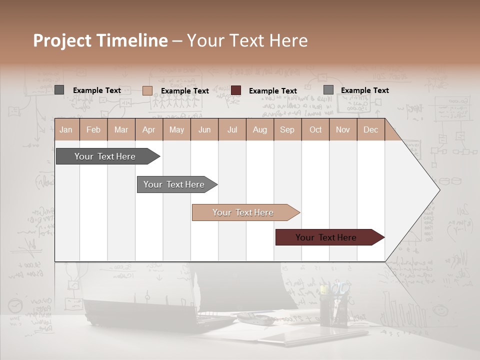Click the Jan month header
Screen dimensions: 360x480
coord(66,129)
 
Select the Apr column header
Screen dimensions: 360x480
coord(148,129)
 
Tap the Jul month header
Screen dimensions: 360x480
coord(232,129)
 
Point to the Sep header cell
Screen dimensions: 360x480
coord(287,129)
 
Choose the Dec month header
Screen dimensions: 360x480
coord(370,129)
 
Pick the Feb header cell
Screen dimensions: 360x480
coord(93,129)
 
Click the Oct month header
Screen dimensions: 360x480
coord(315,129)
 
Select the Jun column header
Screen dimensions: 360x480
coord(204,129)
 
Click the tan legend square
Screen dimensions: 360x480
coord(147,90)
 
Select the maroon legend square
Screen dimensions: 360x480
coord(236,90)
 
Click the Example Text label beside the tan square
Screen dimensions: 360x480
coord(185,90)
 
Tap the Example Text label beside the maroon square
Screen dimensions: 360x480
coord(273,90)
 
